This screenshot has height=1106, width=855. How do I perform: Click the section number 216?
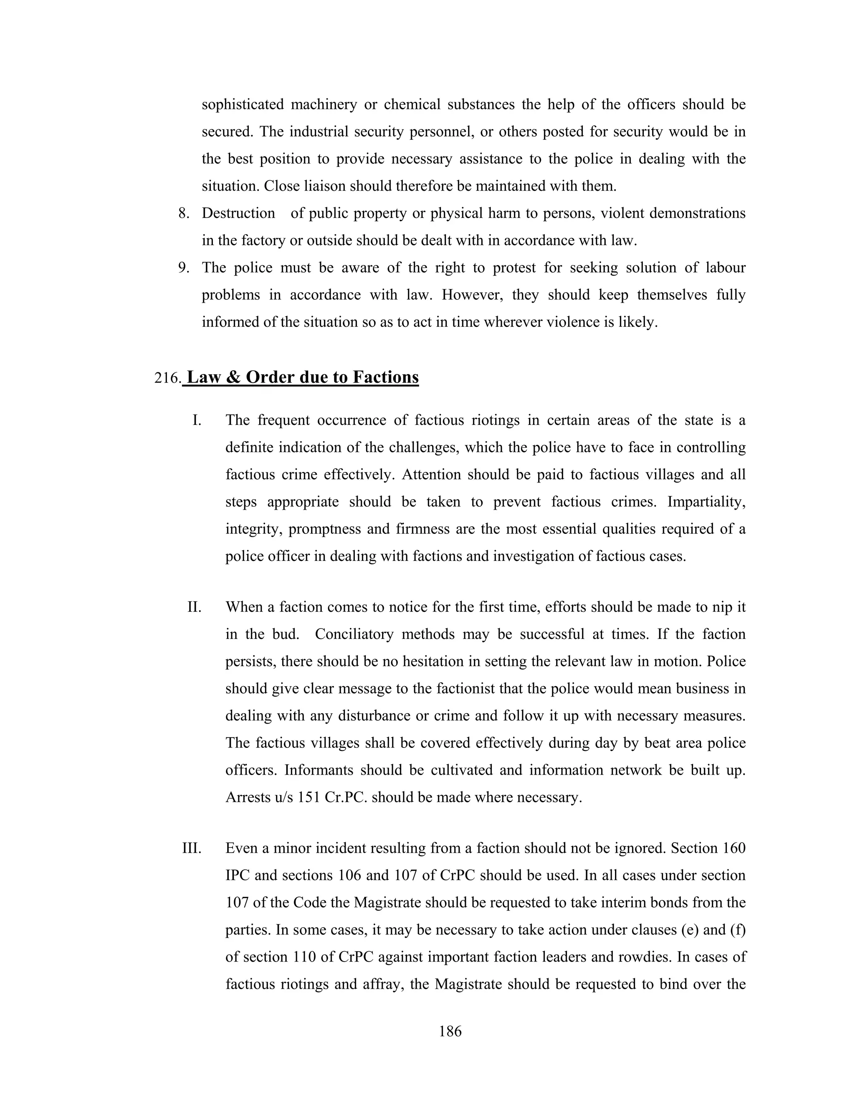click(x=167, y=378)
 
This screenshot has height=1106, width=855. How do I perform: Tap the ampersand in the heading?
click(x=233, y=377)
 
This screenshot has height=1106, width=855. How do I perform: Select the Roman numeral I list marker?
click(x=197, y=420)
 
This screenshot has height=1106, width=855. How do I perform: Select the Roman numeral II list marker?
click(x=195, y=607)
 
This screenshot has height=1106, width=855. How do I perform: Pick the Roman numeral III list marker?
click(x=192, y=848)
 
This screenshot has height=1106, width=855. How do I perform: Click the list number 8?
click(x=183, y=213)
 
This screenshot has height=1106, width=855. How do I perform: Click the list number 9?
click(x=183, y=268)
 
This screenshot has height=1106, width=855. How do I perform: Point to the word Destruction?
click(x=238, y=213)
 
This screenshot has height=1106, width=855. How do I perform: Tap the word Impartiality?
click(x=706, y=501)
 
